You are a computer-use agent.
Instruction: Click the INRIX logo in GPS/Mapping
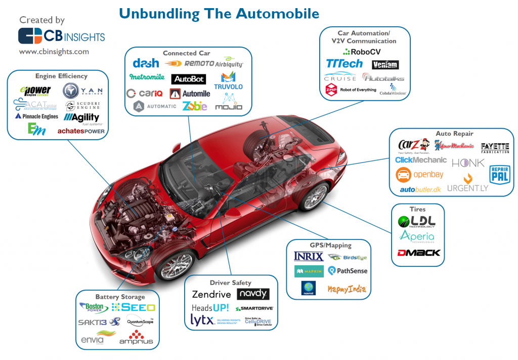[x=309, y=256]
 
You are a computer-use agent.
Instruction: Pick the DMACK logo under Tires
[x=418, y=252]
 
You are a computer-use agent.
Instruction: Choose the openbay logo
[x=419, y=175]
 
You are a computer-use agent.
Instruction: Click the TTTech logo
[x=344, y=64]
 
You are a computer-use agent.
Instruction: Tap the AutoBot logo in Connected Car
[x=188, y=79]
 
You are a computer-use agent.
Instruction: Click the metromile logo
[x=147, y=77]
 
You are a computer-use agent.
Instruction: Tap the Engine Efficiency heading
[x=61, y=76]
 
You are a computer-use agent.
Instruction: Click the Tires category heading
[x=417, y=209]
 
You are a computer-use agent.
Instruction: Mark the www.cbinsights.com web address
[x=54, y=52]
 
